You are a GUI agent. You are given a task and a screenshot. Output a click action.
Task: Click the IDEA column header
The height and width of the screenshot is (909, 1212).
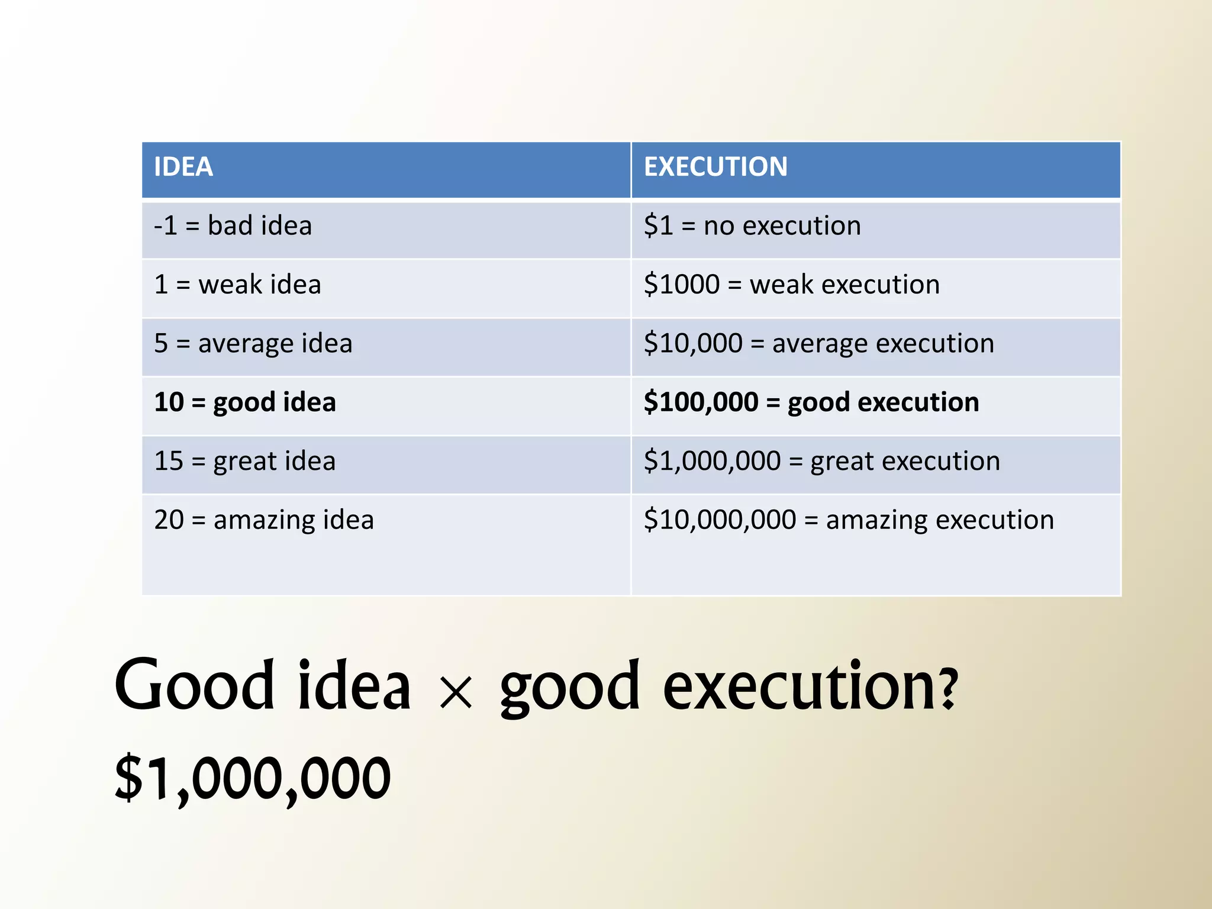tap(183, 167)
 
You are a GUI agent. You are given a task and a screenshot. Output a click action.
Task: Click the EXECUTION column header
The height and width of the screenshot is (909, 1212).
tap(715, 167)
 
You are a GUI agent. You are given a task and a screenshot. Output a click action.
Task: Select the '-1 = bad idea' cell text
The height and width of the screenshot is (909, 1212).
tap(233, 226)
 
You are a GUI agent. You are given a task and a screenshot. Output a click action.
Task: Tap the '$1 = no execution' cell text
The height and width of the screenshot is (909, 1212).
tap(752, 226)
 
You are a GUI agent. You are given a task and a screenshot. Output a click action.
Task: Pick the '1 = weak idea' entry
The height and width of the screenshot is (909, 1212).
tap(237, 285)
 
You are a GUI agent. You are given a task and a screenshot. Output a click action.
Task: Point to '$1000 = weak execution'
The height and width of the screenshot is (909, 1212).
tap(791, 285)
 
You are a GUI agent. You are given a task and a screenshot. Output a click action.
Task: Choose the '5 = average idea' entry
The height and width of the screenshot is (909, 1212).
tap(253, 344)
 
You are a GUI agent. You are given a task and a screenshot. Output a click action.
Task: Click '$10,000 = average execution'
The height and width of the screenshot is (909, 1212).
tap(818, 344)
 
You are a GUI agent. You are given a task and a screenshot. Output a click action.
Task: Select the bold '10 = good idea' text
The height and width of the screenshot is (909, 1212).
tap(245, 402)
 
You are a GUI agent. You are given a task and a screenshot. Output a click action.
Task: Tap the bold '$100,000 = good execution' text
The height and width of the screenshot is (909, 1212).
tap(811, 402)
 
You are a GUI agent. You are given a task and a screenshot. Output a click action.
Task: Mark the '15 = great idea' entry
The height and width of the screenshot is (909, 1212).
tap(245, 461)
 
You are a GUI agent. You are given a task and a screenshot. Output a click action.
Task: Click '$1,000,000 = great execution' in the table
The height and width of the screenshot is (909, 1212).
tap(822, 461)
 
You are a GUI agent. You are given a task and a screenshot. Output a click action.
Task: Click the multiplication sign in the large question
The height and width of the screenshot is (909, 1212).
tap(456, 692)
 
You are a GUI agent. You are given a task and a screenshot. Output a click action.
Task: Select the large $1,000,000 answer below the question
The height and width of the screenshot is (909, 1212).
tap(253, 778)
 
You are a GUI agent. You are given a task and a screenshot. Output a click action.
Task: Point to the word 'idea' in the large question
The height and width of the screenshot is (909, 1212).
tap(354, 686)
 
